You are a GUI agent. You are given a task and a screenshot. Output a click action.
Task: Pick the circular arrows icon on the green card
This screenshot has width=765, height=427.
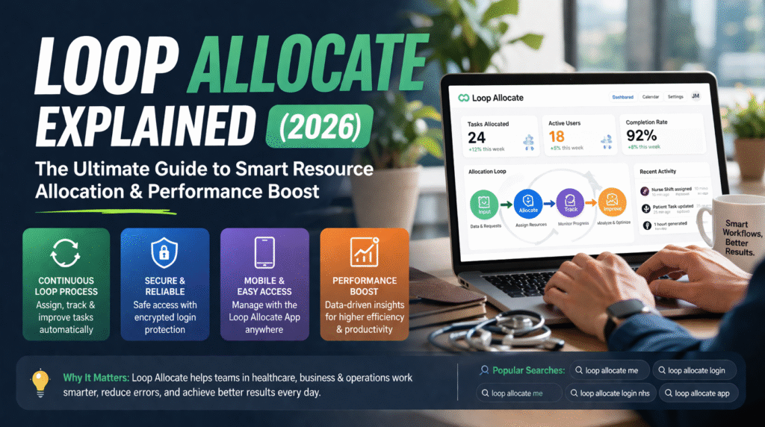66,254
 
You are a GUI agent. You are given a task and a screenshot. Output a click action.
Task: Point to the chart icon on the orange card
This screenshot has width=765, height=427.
364,254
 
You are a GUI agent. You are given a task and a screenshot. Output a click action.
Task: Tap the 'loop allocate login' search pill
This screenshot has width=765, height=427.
693,370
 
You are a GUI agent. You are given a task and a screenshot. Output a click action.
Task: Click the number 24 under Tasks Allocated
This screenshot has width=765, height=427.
477,137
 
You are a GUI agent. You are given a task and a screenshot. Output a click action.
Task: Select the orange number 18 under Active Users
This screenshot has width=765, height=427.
557,137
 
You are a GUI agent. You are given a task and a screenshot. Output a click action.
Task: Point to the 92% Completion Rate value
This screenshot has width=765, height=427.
641,136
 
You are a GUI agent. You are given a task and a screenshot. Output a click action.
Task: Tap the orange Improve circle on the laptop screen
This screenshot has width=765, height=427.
612,202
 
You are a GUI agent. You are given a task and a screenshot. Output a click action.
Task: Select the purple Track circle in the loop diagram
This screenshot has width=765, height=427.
570,202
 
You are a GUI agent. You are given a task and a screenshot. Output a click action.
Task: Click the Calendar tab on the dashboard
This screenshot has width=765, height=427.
651,96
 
